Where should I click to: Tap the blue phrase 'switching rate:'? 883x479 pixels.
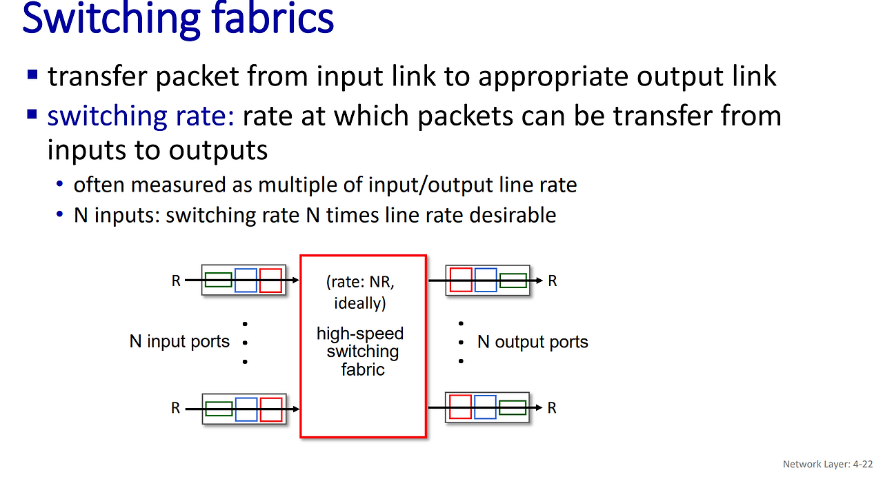pyautogui.click(x=141, y=116)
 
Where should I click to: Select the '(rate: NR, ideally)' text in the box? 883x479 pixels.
pyautogui.click(x=360, y=292)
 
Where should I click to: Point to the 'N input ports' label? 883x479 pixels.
pyautogui.click(x=179, y=342)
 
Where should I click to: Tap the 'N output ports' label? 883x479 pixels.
pyautogui.click(x=533, y=343)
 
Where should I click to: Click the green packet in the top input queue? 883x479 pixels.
pyautogui.click(x=219, y=280)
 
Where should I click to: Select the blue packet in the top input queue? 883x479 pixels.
pyautogui.click(x=246, y=281)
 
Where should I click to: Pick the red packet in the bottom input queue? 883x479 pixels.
pyautogui.click(x=271, y=409)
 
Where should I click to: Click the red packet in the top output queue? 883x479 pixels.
pyautogui.click(x=461, y=281)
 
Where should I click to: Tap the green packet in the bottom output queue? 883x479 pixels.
pyautogui.click(x=513, y=407)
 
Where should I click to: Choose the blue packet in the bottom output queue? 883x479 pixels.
pyautogui.click(x=485, y=407)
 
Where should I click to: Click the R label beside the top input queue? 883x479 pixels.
pyautogui.click(x=176, y=281)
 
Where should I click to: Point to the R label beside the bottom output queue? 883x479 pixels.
pyautogui.click(x=552, y=408)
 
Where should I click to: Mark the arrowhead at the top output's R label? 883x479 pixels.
pyautogui.click(x=539, y=281)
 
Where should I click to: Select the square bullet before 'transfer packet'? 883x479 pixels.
pyautogui.click(x=32, y=74)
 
